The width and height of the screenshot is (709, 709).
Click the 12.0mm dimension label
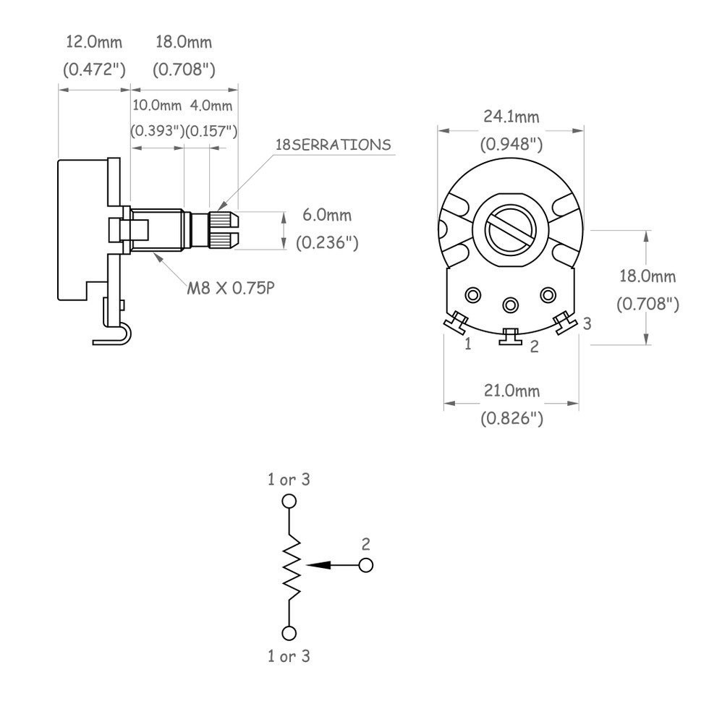[94, 42]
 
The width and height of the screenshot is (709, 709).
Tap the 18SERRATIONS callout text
[334, 145]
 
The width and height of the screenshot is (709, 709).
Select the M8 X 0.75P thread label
[231, 288]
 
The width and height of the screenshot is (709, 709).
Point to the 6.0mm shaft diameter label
[327, 215]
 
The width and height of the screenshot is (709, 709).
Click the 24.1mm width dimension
[511, 116]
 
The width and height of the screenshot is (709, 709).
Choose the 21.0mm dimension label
[512, 390]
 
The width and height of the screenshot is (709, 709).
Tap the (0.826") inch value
[512, 418]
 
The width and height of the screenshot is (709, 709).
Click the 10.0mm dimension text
[157, 106]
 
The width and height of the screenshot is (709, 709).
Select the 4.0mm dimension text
[211, 106]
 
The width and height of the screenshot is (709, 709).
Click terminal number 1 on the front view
[468, 344]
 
